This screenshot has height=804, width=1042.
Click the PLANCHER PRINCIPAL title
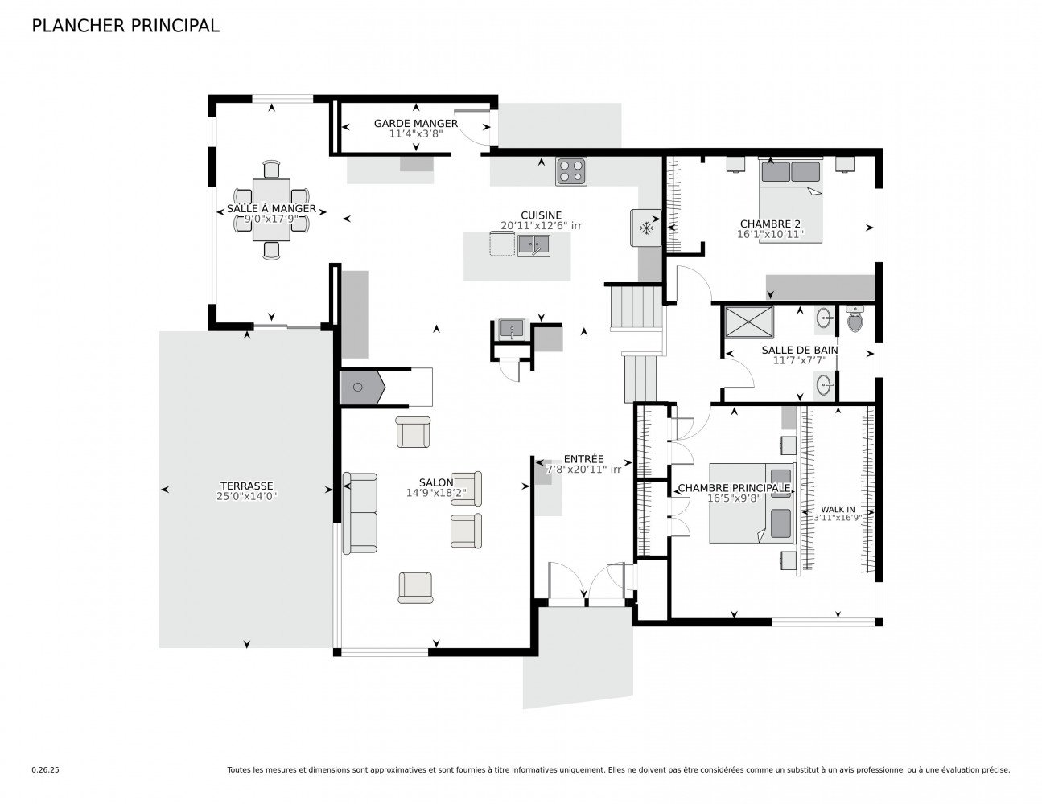point(125,26)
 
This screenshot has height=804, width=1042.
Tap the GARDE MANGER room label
point(415,123)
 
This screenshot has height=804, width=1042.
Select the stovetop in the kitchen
point(570,172)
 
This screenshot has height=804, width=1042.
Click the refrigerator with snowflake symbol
point(645,228)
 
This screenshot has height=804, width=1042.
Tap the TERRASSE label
point(246,486)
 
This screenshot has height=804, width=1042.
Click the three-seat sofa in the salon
point(360,513)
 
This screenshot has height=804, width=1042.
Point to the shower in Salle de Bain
point(748,321)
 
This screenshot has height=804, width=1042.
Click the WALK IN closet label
point(837,509)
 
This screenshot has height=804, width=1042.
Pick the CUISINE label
point(541,215)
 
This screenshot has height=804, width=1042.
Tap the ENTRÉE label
point(583,459)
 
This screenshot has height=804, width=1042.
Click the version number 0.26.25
point(45,769)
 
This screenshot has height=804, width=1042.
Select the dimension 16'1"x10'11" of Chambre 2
point(769,235)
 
